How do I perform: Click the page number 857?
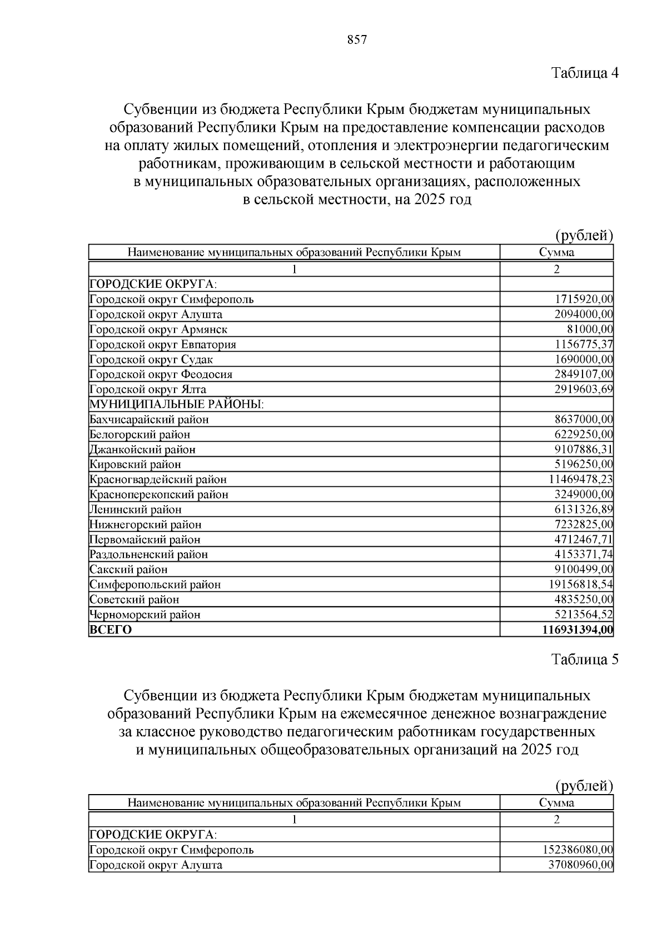[357, 40]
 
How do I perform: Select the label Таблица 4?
[585, 73]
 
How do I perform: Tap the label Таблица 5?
[585, 659]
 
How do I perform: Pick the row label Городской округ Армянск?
[158, 330]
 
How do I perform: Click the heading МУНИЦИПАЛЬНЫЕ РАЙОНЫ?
[177, 405]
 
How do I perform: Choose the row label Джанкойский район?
[143, 450]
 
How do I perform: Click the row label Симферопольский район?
[155, 585]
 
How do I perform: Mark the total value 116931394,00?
[578, 630]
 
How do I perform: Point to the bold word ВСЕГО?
[111, 630]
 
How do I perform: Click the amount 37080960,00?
[581, 865]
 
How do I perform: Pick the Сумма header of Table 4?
[556, 252]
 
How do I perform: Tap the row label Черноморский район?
[145, 615]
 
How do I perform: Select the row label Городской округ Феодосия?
[161, 375]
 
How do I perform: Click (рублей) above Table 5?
[584, 785]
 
